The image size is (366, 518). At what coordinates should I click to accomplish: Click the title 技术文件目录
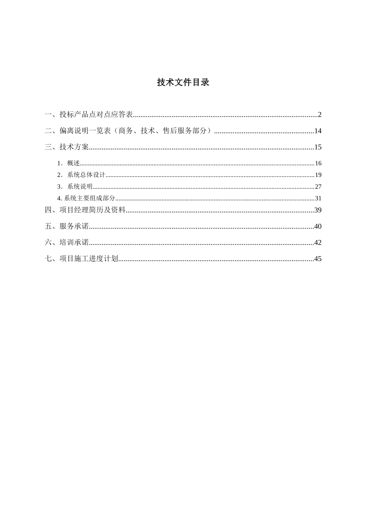183,82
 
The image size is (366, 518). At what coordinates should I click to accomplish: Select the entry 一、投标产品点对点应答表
89,114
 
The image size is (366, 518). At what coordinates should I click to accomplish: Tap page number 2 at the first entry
319,114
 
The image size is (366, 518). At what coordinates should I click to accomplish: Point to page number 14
318,131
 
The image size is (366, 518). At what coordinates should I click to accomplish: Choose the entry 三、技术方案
67,147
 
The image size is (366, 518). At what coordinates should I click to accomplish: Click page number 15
318,147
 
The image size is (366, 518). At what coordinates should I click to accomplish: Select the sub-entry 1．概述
69,163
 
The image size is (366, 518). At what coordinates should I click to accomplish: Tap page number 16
318,163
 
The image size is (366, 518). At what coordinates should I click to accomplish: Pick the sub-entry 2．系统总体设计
81,175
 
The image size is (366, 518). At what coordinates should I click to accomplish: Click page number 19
318,175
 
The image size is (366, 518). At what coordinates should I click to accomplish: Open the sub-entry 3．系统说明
75,187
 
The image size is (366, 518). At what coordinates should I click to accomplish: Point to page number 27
318,187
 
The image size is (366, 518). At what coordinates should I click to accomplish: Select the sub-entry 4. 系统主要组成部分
86,198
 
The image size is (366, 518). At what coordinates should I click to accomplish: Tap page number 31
318,198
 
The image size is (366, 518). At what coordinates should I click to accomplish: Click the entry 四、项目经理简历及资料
86,210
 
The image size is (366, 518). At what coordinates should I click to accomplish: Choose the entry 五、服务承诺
67,226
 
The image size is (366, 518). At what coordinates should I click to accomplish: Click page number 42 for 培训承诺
318,242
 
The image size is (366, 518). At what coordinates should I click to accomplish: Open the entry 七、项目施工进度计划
82,259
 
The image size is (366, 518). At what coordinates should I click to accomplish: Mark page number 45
318,259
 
